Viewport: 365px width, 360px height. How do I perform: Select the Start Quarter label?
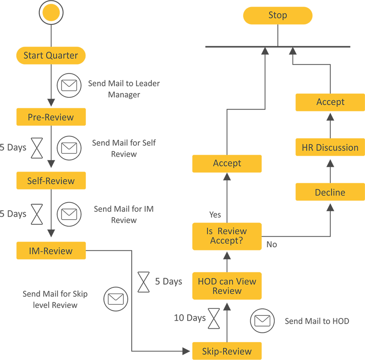coord(51,56)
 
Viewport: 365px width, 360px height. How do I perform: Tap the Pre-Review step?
coord(51,117)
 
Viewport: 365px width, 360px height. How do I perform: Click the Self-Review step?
coord(51,181)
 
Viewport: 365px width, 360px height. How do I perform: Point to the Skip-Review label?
coord(227,351)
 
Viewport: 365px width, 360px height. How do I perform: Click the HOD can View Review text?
coord(227,286)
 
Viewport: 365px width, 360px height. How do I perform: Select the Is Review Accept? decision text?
coord(227,235)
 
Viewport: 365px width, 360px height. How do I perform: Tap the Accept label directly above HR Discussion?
coord(330,102)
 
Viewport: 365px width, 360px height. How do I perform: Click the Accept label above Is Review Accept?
coord(227,163)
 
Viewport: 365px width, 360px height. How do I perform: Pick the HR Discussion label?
coord(330,147)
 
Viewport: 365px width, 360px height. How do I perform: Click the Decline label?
coord(330,192)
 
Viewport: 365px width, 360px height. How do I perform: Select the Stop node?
coord(278,15)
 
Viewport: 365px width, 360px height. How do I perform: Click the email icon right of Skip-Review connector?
coord(262,321)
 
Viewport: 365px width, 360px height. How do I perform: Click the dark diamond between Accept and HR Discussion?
coord(330,124)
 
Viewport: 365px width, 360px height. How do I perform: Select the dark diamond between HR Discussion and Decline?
coord(330,170)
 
